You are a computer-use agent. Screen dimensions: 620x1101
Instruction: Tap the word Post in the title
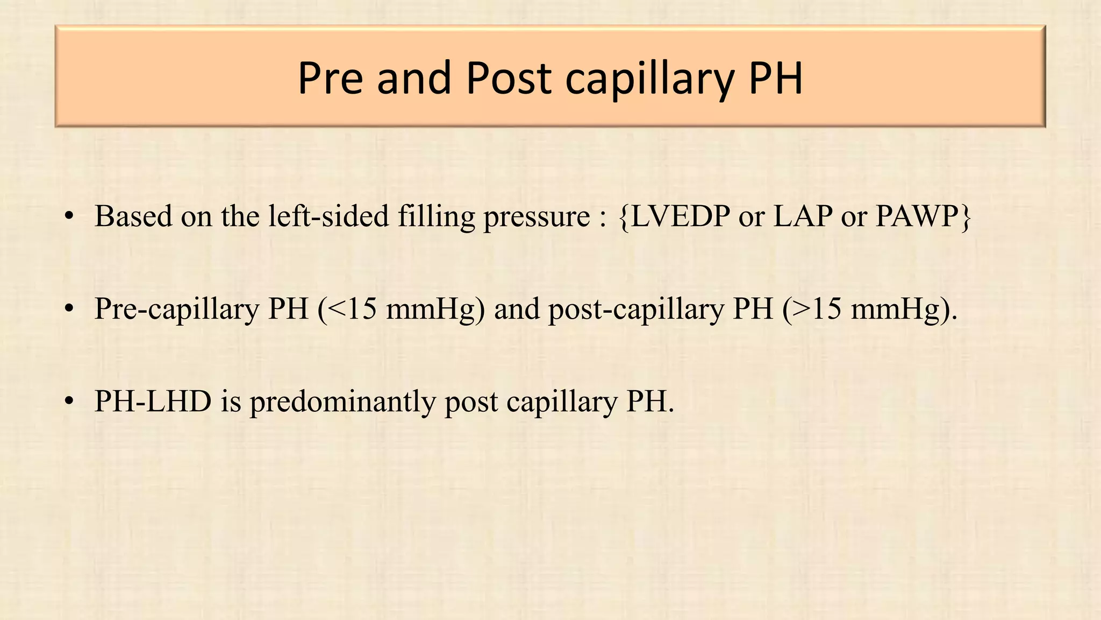509,78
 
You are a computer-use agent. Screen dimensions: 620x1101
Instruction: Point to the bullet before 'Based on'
68,217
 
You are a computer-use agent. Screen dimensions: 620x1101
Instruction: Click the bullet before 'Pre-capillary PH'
68,309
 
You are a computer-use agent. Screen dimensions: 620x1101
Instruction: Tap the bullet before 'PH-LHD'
68,402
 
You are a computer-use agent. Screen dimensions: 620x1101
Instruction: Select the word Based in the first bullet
133,216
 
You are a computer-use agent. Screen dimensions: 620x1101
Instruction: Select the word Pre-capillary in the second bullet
177,310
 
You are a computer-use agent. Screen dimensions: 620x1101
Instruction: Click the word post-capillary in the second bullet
636,310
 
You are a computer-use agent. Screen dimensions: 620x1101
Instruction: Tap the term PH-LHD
153,401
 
